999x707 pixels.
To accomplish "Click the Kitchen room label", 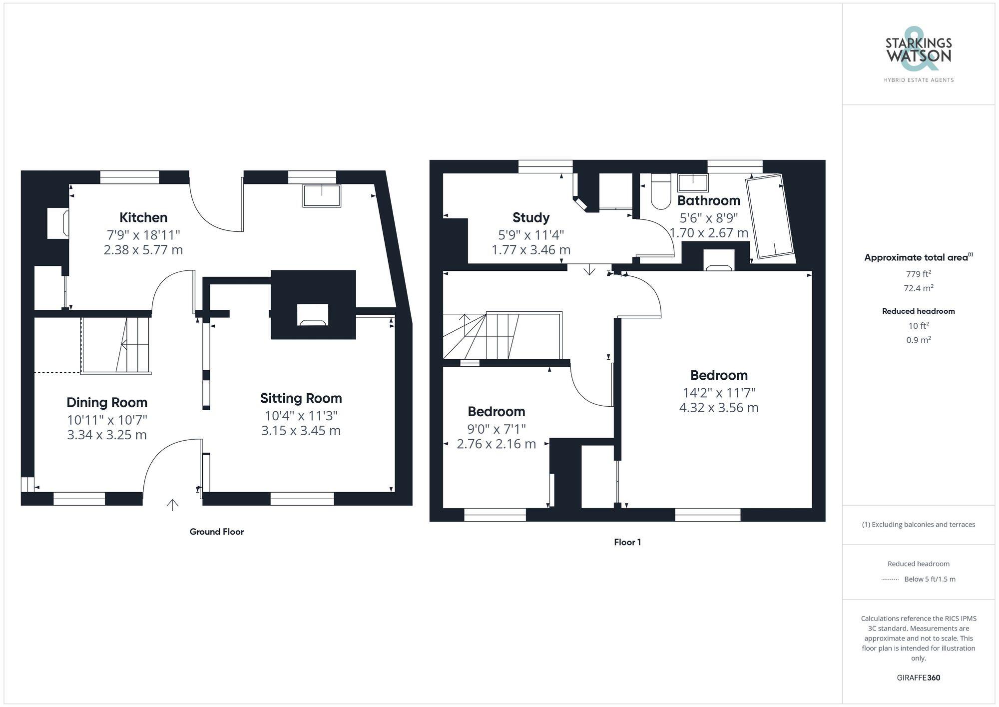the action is point(143,217).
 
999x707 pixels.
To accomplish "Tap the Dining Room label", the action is point(107,402).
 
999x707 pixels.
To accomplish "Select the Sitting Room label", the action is point(301,398).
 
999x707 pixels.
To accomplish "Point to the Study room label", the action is point(530,217).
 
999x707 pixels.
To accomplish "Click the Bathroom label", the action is point(708,200).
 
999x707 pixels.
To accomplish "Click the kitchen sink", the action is point(322,195).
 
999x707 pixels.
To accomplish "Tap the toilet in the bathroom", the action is point(660,195).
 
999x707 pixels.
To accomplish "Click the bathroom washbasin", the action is point(693,183).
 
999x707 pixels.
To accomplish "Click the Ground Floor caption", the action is point(217,532).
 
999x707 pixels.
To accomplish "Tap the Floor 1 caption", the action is point(627,542).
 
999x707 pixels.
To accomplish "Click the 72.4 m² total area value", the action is point(918,288).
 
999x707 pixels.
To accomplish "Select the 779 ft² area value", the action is point(918,274).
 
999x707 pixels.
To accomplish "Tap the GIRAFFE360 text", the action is point(918,678).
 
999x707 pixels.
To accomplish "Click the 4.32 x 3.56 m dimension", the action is point(719,408).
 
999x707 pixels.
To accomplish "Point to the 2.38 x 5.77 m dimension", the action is point(143,250).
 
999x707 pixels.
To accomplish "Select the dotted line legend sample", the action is point(890,580).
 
